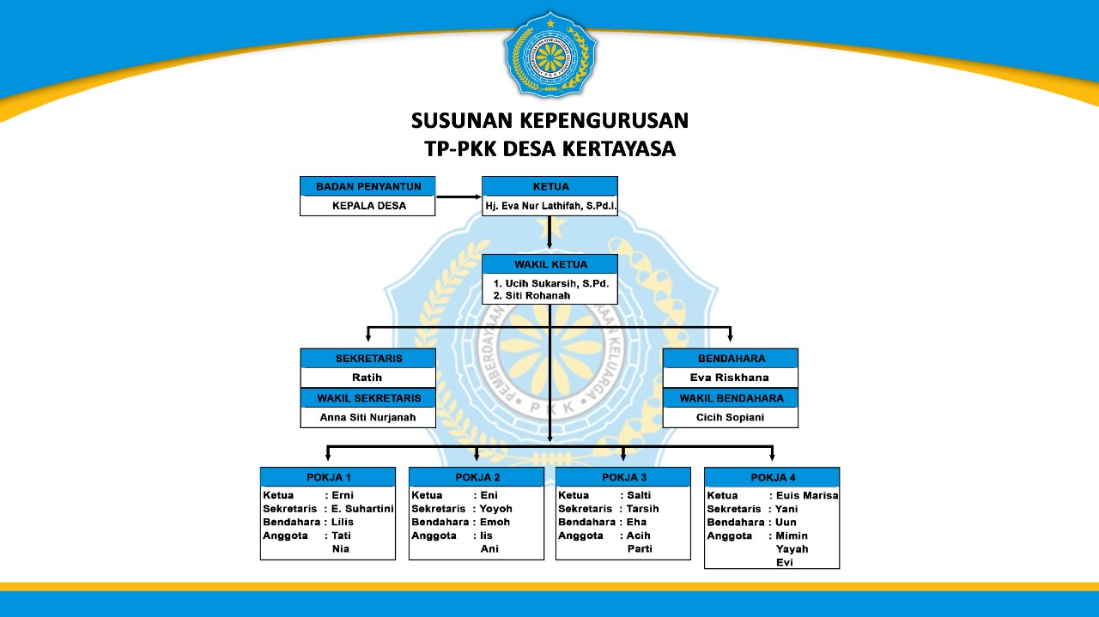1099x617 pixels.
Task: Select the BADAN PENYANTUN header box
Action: coord(367,186)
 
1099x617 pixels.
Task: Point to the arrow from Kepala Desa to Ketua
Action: coord(458,197)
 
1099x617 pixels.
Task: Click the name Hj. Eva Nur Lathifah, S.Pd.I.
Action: coord(550,206)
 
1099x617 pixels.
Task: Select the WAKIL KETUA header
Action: coord(549,264)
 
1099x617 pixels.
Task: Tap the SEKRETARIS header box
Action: coord(368,358)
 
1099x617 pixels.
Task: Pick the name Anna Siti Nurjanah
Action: coord(367,417)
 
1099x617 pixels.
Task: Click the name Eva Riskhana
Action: coord(730,378)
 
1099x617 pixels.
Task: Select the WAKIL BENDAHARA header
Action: coord(731,398)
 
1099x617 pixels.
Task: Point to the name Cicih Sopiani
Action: coord(730,417)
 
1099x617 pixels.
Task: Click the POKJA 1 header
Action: coord(328,477)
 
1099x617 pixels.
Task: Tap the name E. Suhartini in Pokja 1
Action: coord(362,508)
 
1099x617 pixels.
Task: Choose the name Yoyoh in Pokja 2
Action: coord(496,508)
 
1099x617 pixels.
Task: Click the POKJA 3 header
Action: coord(623,477)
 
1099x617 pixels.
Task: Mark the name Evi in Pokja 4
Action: coord(784,562)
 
